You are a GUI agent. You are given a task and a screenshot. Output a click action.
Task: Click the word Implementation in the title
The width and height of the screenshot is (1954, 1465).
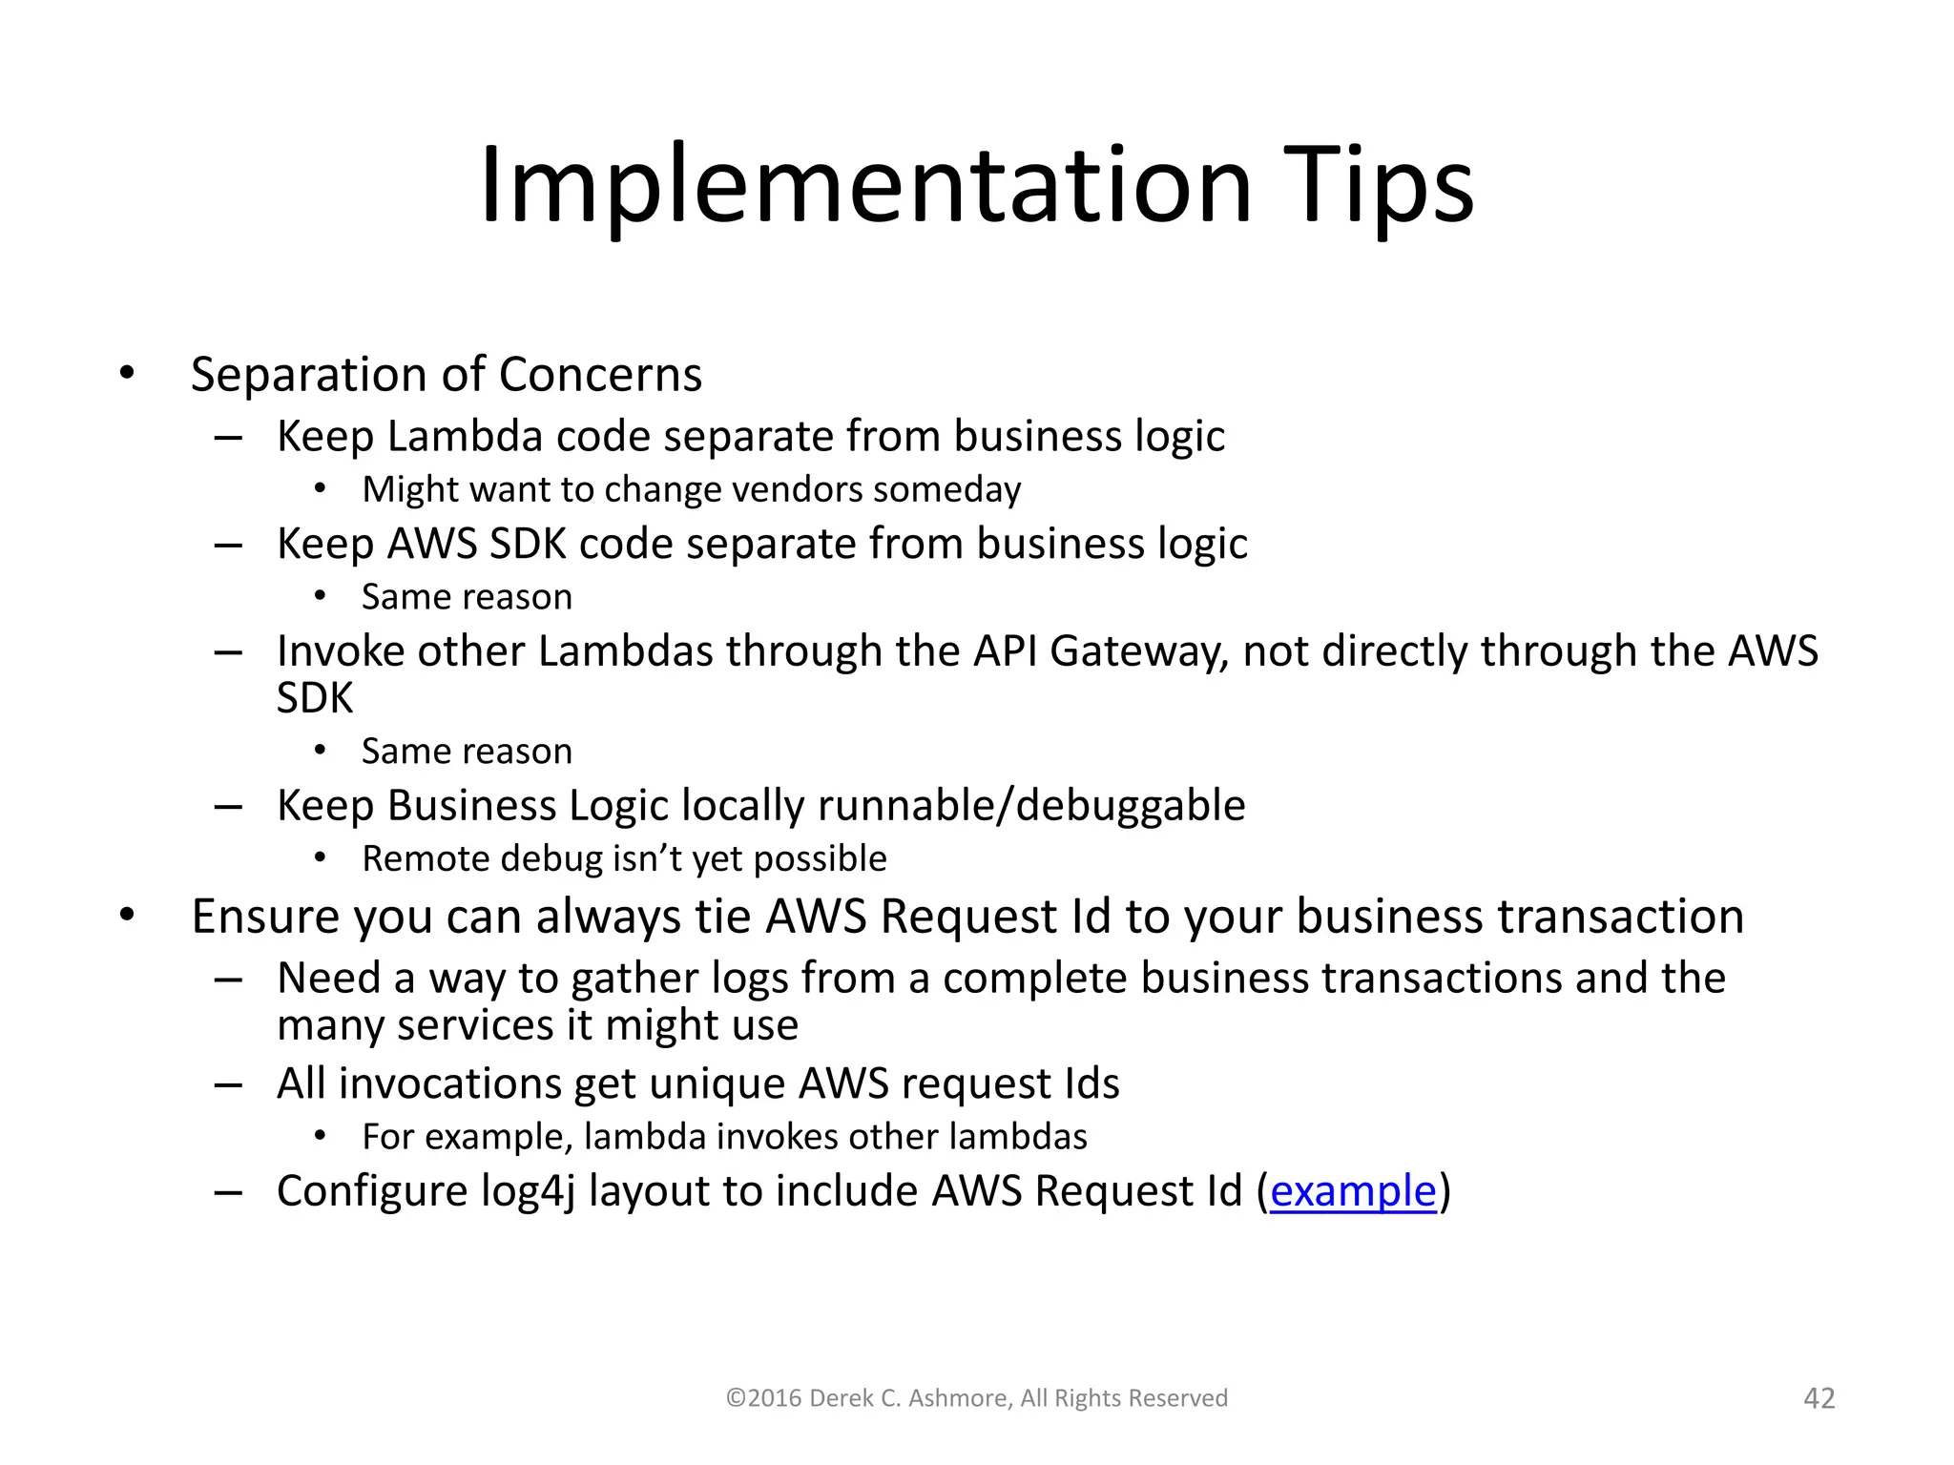pos(864,186)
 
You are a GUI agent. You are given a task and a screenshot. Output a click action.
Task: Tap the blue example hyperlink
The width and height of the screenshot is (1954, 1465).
pos(1352,1191)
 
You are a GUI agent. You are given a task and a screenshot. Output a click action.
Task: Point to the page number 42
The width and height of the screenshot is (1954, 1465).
pos(1819,1398)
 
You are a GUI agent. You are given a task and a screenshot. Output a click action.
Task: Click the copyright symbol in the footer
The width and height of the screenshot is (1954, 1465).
pos(735,1398)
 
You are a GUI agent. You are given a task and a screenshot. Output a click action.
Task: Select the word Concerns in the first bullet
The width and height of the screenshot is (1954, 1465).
pos(600,374)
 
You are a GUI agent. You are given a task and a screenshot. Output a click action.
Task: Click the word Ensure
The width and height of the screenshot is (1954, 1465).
pos(265,917)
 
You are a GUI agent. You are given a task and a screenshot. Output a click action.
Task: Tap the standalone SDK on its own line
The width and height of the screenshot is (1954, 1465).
pos(314,698)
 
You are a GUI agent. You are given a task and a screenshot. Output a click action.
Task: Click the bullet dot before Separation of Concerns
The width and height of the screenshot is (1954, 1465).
pos(127,374)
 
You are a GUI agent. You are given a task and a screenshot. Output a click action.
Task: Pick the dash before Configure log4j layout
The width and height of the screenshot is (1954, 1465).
pos(228,1192)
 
